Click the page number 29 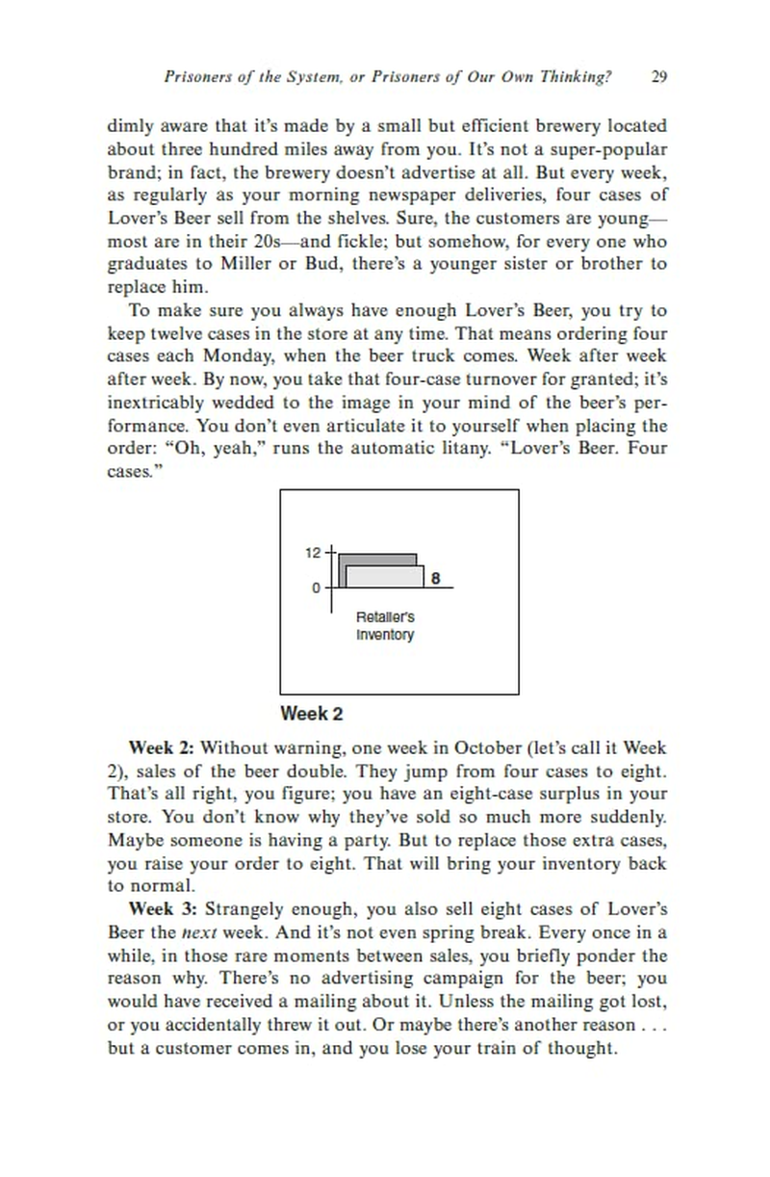click(659, 77)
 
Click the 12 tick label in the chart click(313, 553)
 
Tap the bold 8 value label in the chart click(435, 579)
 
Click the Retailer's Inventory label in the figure click(385, 625)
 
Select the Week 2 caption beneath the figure click(311, 714)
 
